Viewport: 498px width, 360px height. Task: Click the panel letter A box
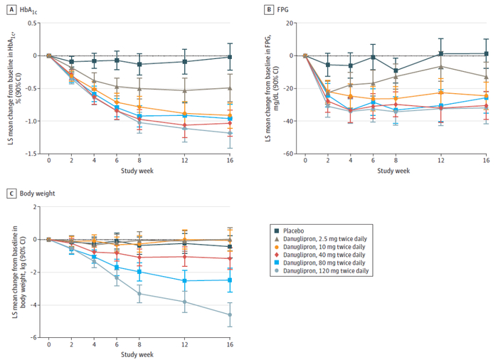point(12,8)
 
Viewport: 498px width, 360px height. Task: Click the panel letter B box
point(269,8)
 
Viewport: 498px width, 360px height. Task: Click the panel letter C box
point(12,193)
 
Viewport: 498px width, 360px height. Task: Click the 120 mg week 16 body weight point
point(229,314)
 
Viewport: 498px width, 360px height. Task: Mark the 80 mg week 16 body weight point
point(229,280)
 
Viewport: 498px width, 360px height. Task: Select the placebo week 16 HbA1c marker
point(229,57)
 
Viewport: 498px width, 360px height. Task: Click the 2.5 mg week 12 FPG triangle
point(441,67)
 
